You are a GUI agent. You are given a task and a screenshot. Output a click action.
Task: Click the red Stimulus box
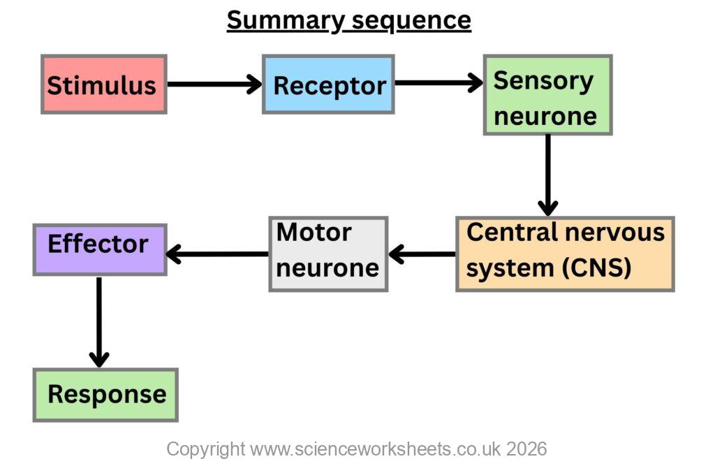[103, 85]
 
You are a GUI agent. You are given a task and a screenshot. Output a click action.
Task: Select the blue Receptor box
[328, 85]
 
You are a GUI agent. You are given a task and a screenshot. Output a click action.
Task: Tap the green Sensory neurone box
[547, 95]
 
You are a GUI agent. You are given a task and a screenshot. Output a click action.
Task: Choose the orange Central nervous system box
[565, 254]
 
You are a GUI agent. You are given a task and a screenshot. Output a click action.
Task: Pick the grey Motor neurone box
[328, 254]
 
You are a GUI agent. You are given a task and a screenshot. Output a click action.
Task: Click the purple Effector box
[99, 249]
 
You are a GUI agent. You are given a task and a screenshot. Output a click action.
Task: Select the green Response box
[105, 395]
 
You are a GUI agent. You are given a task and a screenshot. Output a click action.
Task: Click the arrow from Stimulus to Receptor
[214, 85]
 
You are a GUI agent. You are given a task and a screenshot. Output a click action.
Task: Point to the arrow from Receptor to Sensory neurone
[438, 83]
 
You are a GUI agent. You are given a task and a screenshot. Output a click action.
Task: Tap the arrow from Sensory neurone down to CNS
[547, 175]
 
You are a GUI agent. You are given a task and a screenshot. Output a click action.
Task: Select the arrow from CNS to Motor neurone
[422, 254]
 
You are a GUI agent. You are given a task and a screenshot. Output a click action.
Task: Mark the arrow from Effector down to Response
[99, 321]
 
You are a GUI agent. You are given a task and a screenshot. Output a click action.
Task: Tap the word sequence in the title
[411, 20]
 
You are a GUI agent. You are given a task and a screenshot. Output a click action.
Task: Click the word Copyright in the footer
[205, 448]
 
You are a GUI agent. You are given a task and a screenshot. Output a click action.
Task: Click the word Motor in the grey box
[314, 233]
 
